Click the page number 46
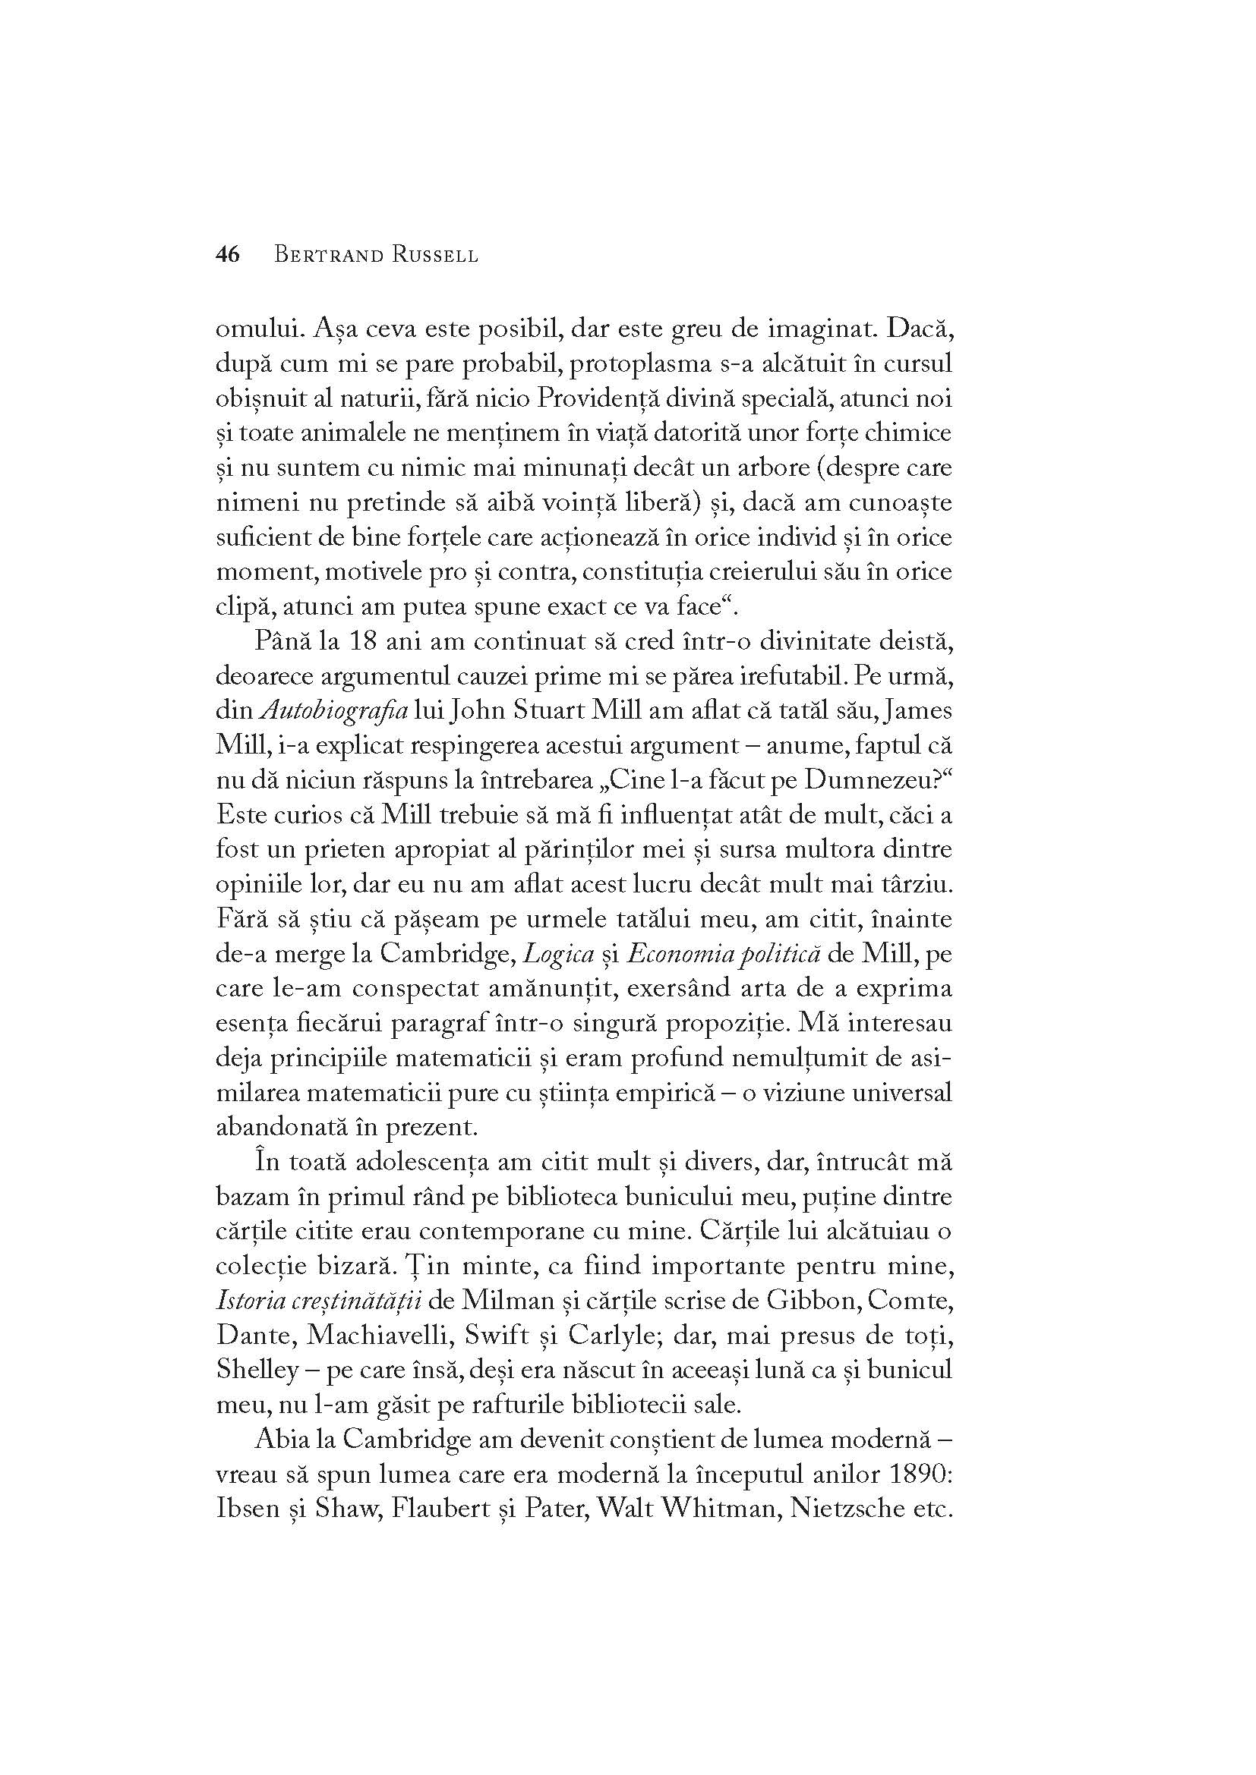(x=228, y=255)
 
